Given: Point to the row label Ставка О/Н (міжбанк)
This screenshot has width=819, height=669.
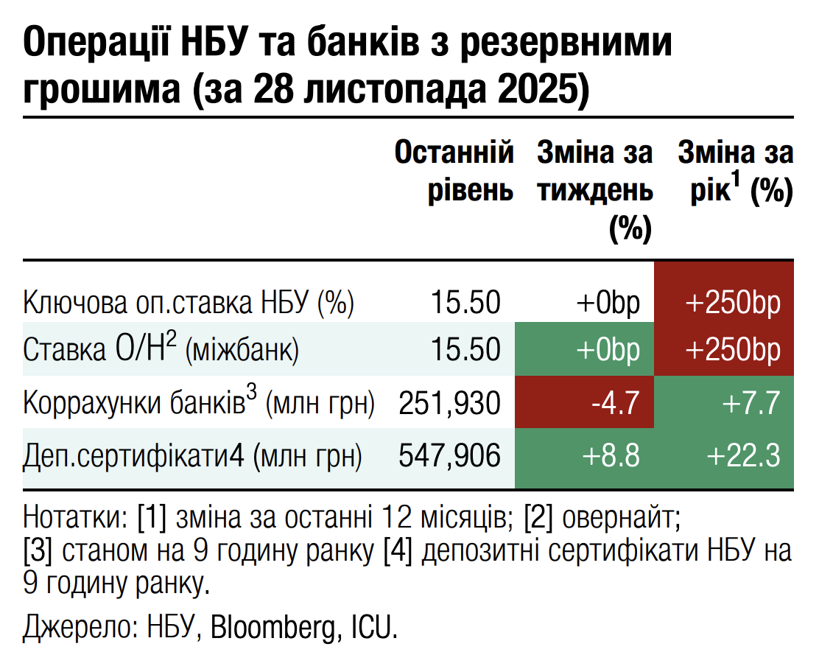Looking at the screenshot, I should click(161, 348).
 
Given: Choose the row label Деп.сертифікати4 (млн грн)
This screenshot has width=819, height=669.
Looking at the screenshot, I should click(193, 457).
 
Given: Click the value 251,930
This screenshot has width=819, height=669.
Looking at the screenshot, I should click(449, 403).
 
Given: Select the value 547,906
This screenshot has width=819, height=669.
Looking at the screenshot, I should click(449, 457).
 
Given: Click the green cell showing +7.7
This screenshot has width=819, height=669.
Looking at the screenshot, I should click(724, 403).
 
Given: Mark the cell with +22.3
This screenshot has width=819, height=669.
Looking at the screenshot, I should click(724, 457).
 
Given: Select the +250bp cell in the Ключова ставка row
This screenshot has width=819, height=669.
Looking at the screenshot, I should click(724, 303).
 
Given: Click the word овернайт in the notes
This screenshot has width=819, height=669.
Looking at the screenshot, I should click(618, 518).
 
